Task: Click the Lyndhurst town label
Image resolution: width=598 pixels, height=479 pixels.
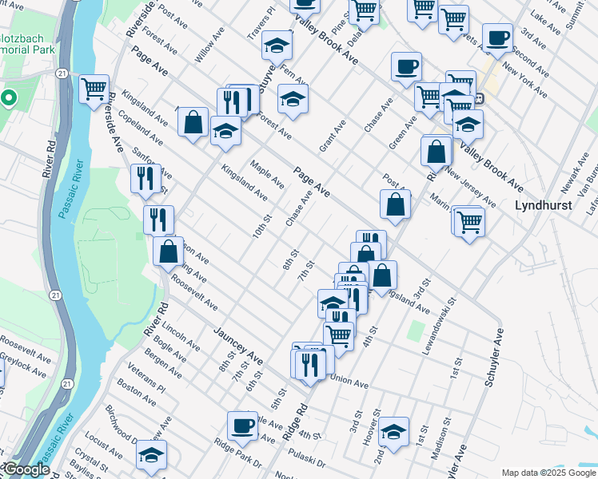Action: pos(542,205)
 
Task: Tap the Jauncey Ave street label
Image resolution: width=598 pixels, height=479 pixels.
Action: pos(237,342)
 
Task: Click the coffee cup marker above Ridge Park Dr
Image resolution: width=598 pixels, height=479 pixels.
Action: pos(242,425)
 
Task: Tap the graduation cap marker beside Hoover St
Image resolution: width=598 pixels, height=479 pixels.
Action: pos(393,431)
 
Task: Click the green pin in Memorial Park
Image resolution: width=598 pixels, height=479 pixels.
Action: pos(9,99)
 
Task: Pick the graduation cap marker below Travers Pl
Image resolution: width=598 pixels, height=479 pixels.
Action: pos(277,46)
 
